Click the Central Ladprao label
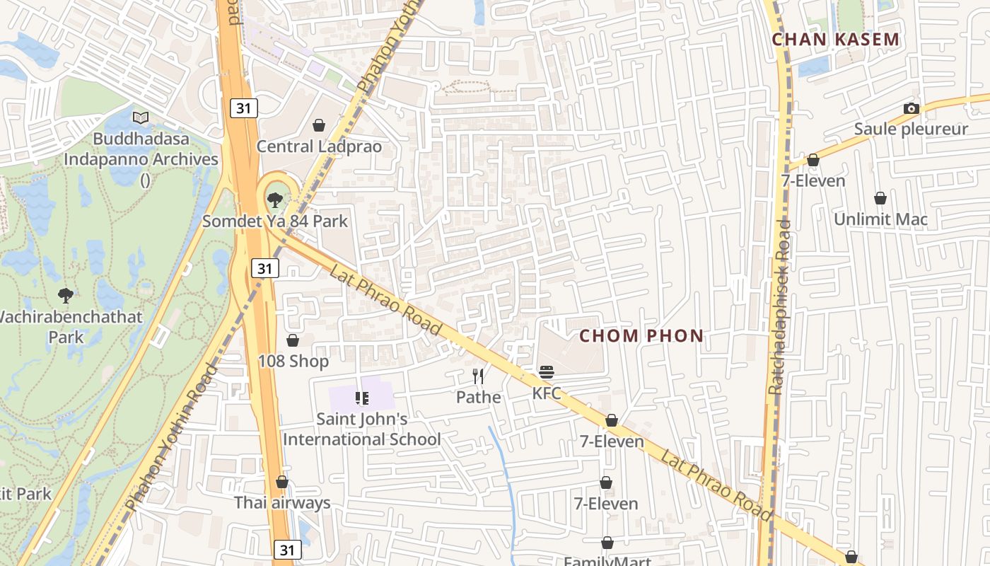click(318, 146)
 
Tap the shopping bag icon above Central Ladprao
click(319, 125)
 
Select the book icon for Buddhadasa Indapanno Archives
click(141, 117)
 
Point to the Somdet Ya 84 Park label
click(275, 221)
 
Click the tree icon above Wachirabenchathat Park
click(66, 295)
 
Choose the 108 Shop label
click(293, 362)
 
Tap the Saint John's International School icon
click(362, 398)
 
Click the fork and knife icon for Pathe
click(479, 376)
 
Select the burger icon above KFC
click(547, 372)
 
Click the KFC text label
click(547, 393)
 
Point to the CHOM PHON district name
click(641, 336)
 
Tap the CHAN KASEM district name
click(835, 40)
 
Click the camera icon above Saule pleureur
click(911, 108)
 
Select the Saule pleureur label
click(910, 129)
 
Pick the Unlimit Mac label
click(880, 219)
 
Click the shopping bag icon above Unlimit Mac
click(880, 198)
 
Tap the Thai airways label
click(282, 503)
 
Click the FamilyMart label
click(607, 560)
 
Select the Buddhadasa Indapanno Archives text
click(141, 149)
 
